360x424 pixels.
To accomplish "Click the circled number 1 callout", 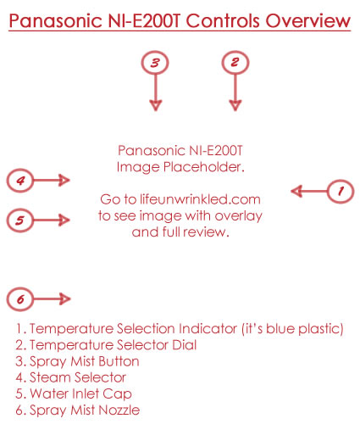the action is coord(341,192).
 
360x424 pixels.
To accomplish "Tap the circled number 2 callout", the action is coord(235,63).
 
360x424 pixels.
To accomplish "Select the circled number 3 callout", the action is coord(155,63).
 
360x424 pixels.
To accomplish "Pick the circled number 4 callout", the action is coord(20,181).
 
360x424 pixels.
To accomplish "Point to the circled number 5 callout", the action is coord(20,220).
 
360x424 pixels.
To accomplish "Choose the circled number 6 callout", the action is coord(20,299).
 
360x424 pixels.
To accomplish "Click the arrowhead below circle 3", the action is coord(156,105).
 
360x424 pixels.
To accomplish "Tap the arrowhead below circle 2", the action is coord(235,105).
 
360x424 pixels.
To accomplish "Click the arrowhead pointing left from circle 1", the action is coord(297,192).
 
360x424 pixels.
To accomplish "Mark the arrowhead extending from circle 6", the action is coord(64,299).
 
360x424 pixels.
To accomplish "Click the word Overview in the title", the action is coord(308,20).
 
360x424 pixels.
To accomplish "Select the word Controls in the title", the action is coord(223,20).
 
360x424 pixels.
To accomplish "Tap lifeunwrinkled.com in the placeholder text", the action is coord(200,199).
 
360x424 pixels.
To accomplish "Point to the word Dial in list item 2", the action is coord(185,345).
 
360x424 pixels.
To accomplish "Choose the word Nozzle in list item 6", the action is coord(119,410).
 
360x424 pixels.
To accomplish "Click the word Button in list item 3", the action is coord(119,361).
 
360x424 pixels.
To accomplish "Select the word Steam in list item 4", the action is coord(51,377).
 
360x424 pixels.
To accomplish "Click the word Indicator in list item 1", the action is coord(208,328).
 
